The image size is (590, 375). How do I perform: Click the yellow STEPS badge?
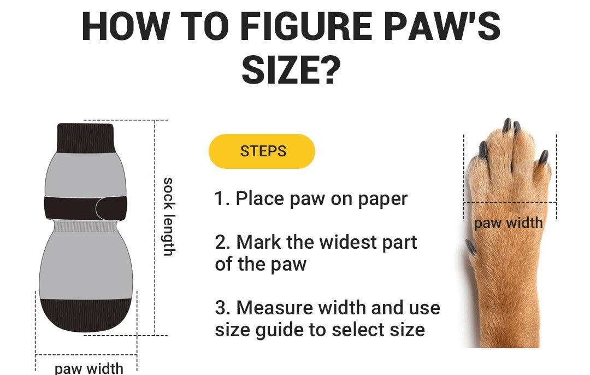(x=262, y=151)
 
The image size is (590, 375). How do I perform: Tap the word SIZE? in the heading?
(x=291, y=71)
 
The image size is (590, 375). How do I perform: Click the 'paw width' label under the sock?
(x=89, y=368)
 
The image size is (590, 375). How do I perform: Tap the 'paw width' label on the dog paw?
(x=509, y=223)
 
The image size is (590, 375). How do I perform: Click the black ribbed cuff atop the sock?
(x=85, y=138)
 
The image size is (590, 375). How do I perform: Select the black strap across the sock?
(x=85, y=208)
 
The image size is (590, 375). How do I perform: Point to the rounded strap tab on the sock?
(x=111, y=208)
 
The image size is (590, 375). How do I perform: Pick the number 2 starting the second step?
(x=220, y=242)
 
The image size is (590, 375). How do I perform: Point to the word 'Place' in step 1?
(x=259, y=198)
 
